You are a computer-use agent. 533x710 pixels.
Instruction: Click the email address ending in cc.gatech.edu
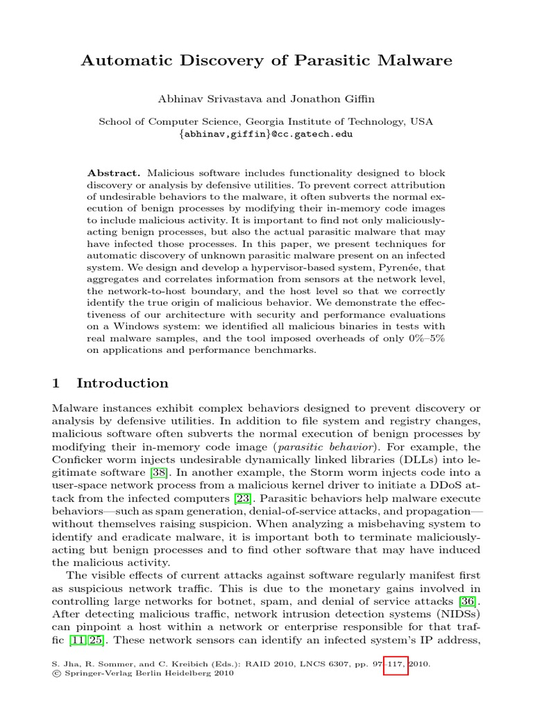click(x=266, y=134)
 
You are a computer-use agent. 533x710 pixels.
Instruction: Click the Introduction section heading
click(x=122, y=383)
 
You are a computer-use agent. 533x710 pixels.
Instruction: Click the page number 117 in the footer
click(x=395, y=664)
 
